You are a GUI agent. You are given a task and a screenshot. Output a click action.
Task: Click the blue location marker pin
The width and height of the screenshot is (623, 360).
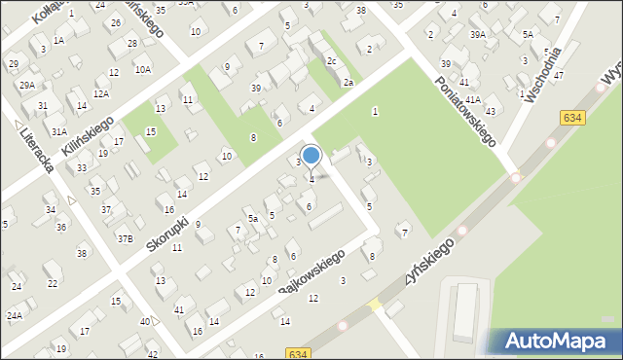[x=311, y=156]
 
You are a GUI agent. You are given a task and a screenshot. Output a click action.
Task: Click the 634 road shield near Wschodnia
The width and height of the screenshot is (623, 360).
[x=572, y=117]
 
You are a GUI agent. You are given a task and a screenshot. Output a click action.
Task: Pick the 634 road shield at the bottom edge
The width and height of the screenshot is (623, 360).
[x=299, y=353]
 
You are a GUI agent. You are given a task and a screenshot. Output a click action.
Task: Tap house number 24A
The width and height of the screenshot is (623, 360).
[x=15, y=315]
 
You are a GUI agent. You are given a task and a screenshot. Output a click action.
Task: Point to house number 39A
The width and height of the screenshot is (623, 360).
[x=477, y=35]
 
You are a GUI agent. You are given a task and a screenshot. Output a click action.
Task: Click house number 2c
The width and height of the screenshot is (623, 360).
[x=332, y=61]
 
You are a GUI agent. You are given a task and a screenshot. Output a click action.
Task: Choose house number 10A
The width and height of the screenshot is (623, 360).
[x=143, y=69]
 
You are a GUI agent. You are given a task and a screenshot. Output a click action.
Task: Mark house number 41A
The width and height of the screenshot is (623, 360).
[x=472, y=99]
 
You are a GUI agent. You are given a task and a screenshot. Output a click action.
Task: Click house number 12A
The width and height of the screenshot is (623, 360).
[x=100, y=93]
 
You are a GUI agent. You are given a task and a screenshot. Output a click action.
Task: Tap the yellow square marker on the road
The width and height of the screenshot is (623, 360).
[x=376, y=305]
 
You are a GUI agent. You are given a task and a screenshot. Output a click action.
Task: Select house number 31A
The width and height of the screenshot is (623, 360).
[x=59, y=130]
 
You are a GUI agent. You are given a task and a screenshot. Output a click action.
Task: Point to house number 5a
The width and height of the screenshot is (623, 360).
[x=252, y=219]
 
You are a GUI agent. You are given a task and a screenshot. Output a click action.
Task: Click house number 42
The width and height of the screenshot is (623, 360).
[x=153, y=354]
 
